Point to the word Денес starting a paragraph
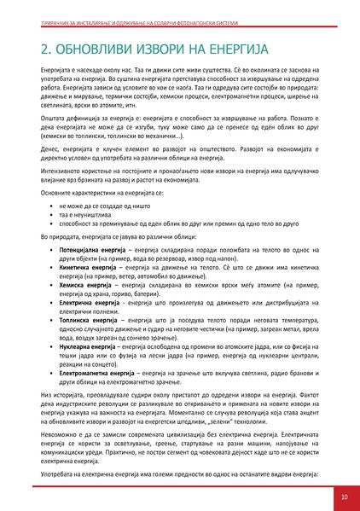point(49,148)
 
